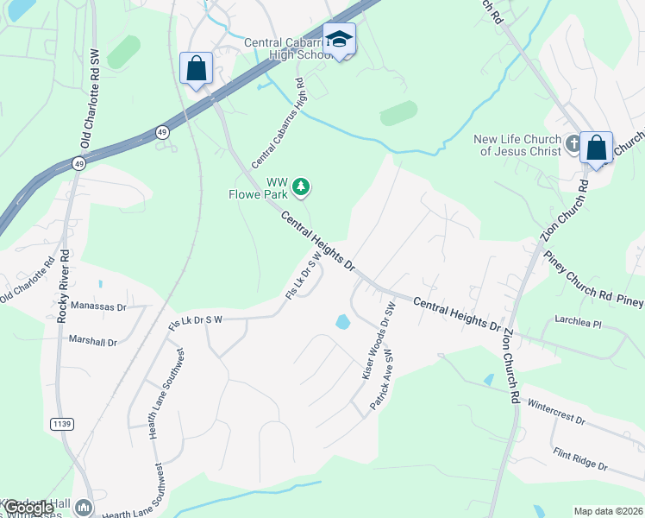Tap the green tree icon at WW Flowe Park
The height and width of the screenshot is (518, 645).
[301, 186]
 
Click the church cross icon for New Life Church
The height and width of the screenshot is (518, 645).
[574, 144]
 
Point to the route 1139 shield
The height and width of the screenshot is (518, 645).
[61, 424]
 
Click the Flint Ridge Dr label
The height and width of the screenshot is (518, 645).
[580, 458]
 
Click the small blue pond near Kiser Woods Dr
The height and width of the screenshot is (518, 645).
[343, 323]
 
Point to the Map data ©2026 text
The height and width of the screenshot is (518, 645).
[608, 511]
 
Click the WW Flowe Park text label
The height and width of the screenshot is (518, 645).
[264, 187]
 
